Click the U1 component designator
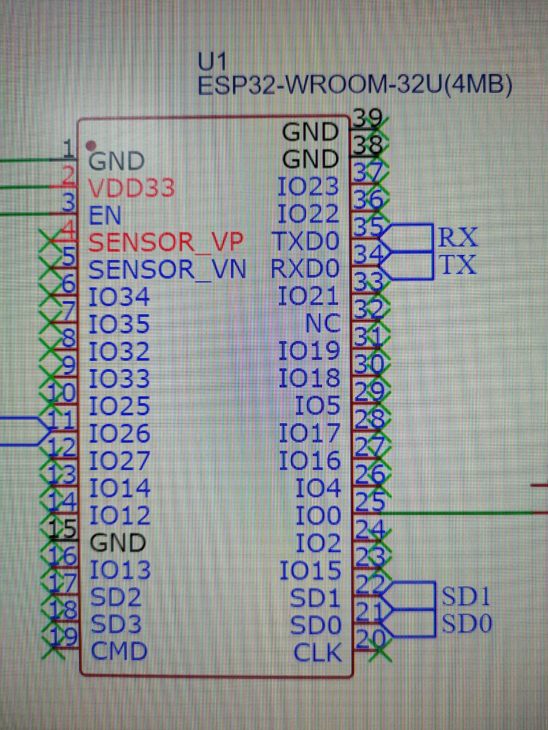[x=212, y=62]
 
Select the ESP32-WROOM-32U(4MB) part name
[x=354, y=86]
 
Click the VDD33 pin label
[x=131, y=188]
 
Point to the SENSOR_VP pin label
[x=166, y=242]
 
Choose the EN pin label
[x=106, y=215]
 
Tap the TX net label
[x=457, y=264]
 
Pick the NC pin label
[x=323, y=323]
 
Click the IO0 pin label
[x=318, y=516]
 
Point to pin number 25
[x=369, y=501]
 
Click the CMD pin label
[x=119, y=651]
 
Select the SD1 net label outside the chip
[x=466, y=596]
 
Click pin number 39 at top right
[x=367, y=117]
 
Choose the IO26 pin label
[x=120, y=433]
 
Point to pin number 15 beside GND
[x=63, y=529]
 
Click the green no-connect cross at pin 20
[x=380, y=650]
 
